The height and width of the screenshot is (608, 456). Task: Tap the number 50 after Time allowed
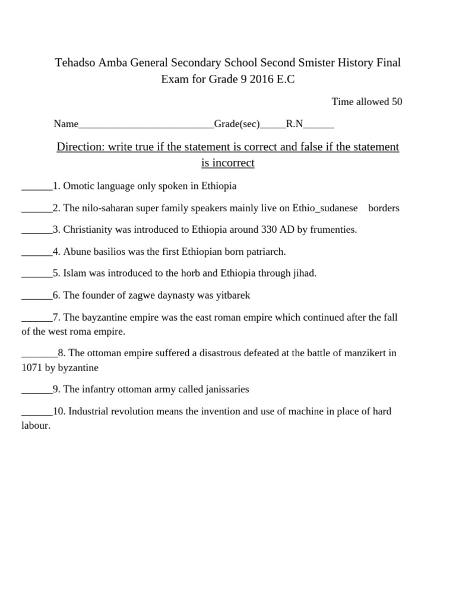(397, 102)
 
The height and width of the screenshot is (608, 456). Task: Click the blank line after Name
(146, 125)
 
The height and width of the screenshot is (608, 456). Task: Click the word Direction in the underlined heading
(80, 147)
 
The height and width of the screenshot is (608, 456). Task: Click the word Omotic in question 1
(78, 186)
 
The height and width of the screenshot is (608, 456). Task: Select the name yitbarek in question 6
(240, 295)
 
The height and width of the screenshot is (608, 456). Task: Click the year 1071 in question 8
(31, 368)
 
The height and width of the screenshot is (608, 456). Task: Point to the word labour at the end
(35, 426)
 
